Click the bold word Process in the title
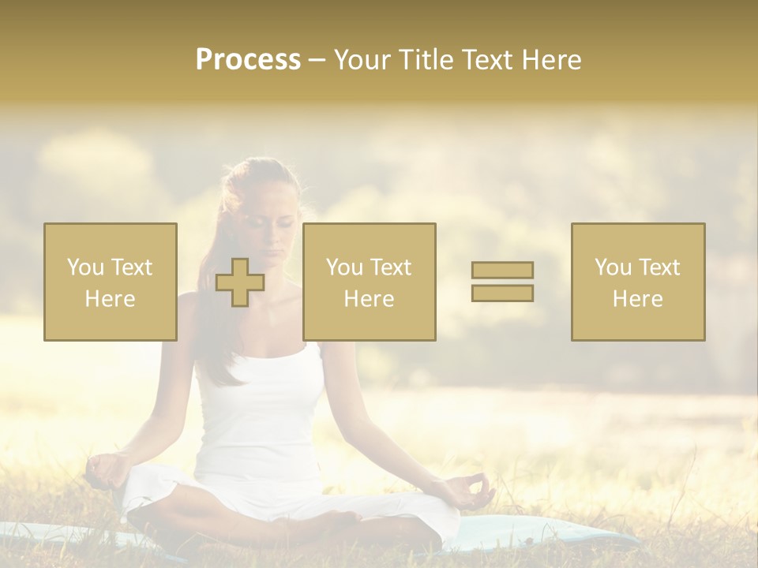click(248, 60)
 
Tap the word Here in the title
click(550, 60)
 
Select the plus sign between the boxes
click(240, 282)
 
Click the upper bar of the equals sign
click(502, 270)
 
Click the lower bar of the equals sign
click(502, 293)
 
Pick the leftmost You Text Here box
click(111, 282)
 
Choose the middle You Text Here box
click(370, 282)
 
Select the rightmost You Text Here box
click(638, 282)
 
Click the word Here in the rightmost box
click(638, 299)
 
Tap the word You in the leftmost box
click(85, 267)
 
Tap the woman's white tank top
click(261, 418)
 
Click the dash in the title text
click(317, 60)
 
